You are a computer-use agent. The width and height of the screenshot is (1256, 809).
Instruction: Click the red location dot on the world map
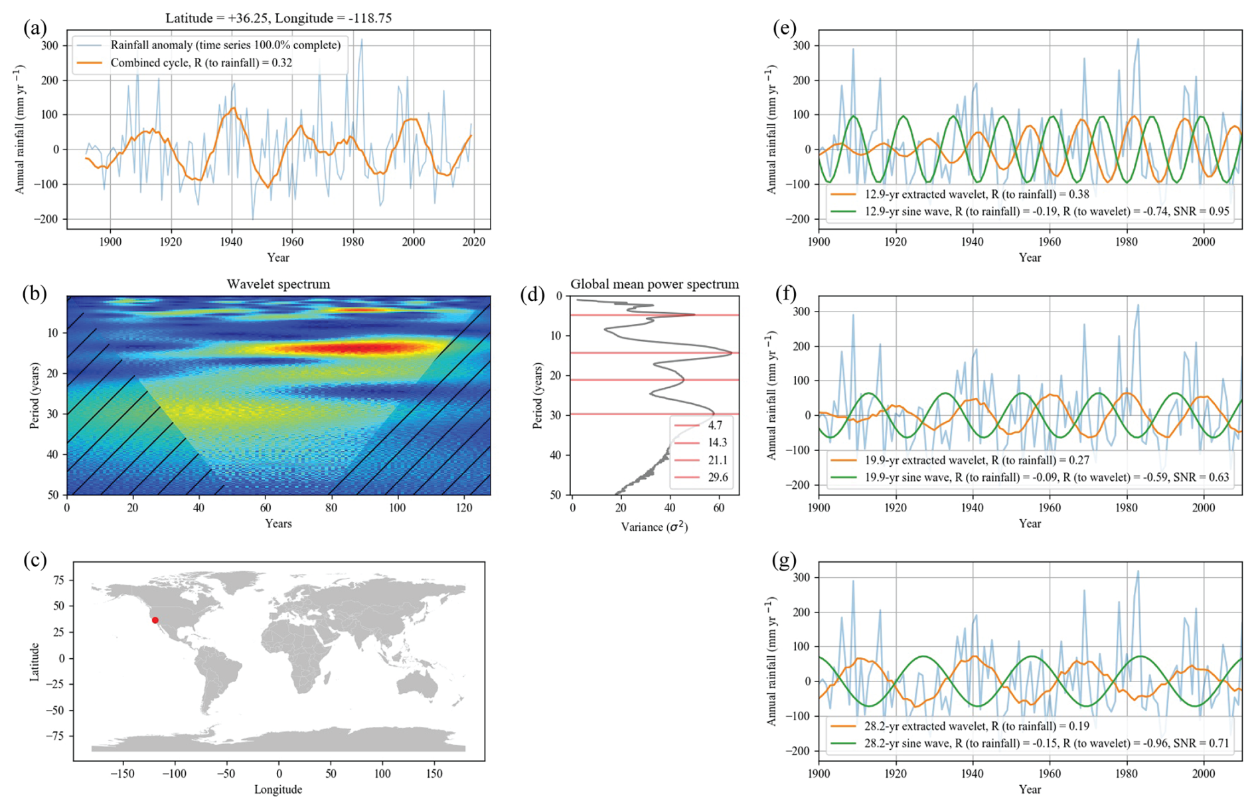click(155, 620)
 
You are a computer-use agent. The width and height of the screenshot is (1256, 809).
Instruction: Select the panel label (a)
click(35, 28)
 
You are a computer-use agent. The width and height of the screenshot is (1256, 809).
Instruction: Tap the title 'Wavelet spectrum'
click(278, 284)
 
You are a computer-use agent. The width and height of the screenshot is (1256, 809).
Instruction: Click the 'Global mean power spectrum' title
click(654, 284)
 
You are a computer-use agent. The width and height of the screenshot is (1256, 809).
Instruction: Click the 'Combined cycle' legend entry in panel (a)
click(201, 63)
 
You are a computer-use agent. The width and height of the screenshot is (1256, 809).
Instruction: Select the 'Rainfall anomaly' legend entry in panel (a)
click(225, 45)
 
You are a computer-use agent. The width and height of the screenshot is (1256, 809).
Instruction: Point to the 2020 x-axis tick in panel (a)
click(474, 242)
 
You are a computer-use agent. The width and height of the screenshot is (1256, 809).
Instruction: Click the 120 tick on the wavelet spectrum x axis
click(464, 508)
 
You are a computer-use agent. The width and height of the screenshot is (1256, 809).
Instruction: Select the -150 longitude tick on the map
click(123, 774)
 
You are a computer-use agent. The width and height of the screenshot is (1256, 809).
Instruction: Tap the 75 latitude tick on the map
click(58, 580)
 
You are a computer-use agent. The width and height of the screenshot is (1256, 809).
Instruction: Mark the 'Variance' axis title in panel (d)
click(654, 527)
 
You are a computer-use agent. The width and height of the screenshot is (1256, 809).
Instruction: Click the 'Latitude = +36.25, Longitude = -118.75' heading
click(278, 18)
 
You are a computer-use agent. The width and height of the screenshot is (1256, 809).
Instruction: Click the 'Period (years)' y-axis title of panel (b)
click(34, 395)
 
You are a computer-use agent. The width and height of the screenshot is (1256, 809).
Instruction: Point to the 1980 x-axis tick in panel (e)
click(1127, 242)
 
